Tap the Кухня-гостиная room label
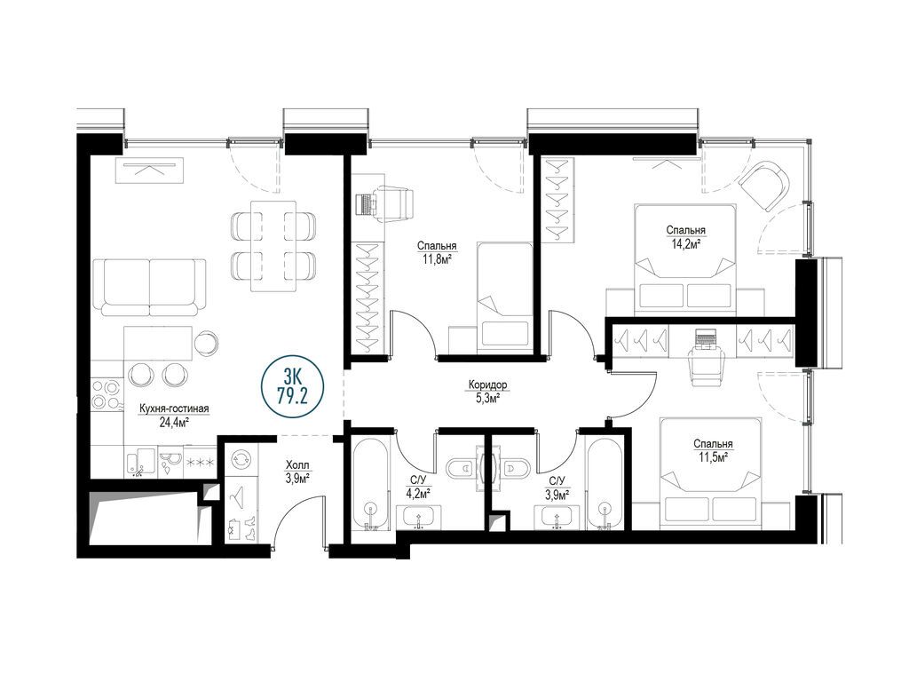tap(174, 408)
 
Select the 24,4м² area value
tap(174, 423)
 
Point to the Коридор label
tap(488, 385)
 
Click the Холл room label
tap(297, 465)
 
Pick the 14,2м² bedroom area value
tap(686, 244)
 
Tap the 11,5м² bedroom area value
tap(713, 457)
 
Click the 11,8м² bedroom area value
tap(437, 259)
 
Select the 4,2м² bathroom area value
tap(418, 494)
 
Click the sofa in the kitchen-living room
tap(150, 287)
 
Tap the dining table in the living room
tap(273, 247)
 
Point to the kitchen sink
tap(141, 462)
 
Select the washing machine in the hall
tap(239, 460)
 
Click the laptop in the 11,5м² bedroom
tap(705, 338)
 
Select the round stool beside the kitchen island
tap(206, 341)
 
